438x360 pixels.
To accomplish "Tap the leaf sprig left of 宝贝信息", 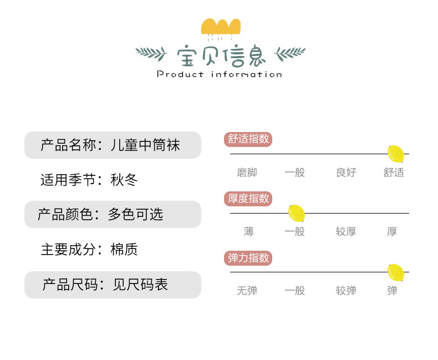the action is (x=151, y=54).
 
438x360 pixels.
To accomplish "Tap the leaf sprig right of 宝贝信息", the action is (x=291, y=54).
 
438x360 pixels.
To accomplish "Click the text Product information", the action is (x=220, y=74).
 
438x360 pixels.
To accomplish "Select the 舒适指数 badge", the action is (x=248, y=139).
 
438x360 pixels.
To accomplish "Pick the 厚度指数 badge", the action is (x=248, y=199).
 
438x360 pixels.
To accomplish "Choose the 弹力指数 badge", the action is (x=248, y=258).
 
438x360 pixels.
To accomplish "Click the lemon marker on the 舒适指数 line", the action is (x=396, y=154).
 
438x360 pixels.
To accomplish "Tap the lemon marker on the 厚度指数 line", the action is (x=297, y=213).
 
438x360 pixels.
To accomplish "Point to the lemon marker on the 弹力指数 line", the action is (x=395, y=272).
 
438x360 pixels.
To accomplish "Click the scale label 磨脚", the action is (x=247, y=173).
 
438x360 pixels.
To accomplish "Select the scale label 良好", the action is (x=346, y=173).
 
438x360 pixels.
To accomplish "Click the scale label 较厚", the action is (x=346, y=232).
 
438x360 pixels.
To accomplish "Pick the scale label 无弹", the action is (x=247, y=291).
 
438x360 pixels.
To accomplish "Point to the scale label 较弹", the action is (x=346, y=291).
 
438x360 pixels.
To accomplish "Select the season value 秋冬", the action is (x=124, y=180).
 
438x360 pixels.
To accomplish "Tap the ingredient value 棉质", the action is (x=124, y=250).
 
